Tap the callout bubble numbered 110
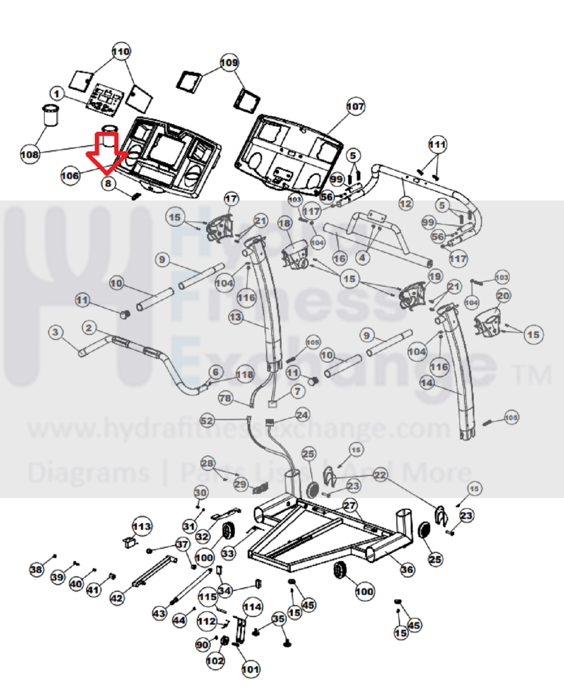pos(121,52)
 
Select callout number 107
pos(355,107)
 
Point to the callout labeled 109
pos(229,63)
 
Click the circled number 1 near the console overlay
pos(57,94)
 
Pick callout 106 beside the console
pos(70,176)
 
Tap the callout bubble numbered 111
pos(437,145)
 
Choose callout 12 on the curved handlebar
pos(405,204)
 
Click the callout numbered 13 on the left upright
pos(236,317)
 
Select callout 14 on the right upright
pos(426,383)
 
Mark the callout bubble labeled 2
pos(89,328)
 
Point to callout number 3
pos(56,333)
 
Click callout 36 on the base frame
pos(407,570)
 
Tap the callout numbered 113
pos(142,527)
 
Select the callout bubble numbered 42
pos(117,598)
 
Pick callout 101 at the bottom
pos(250,669)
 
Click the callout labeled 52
pos(207,421)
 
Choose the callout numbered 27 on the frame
pos(349,506)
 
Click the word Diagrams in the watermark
pos(88,472)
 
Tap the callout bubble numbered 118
pos(245,375)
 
